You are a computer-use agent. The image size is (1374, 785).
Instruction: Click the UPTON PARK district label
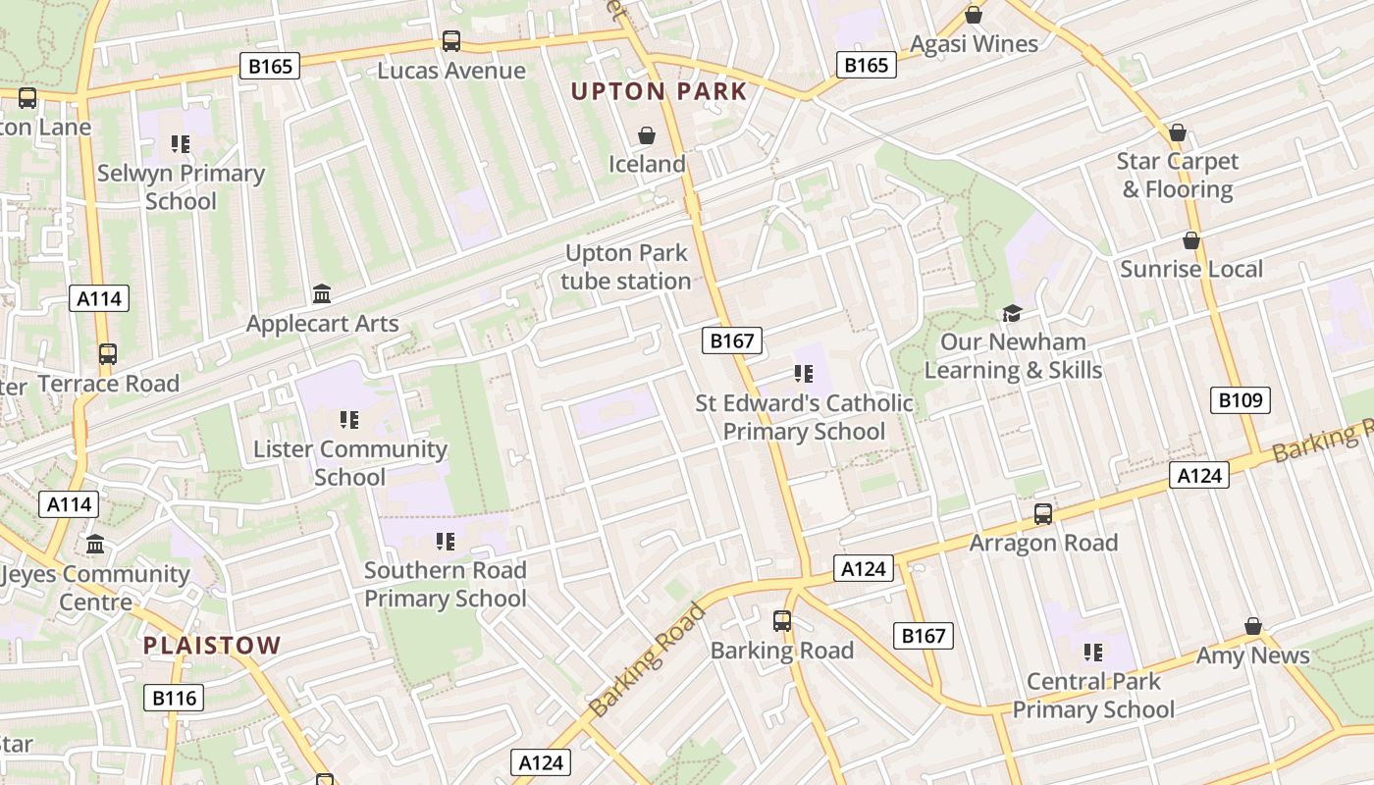tap(659, 92)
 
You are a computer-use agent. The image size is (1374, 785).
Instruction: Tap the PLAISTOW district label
tap(212, 646)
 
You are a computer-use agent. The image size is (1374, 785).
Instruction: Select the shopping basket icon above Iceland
tap(647, 134)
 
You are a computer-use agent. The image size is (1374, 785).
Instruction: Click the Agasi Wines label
tap(974, 44)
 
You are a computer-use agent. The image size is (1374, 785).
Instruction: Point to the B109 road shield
tap(1241, 400)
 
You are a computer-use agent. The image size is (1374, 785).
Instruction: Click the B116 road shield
tap(175, 699)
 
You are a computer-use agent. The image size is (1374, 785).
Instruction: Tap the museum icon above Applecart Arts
tap(321, 293)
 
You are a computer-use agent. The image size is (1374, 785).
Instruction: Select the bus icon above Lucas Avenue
tap(451, 41)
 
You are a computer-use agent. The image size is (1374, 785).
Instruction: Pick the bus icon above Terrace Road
tap(107, 354)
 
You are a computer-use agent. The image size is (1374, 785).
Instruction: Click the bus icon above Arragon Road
tap(1043, 513)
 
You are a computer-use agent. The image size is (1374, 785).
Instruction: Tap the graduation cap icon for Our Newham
tap(1011, 313)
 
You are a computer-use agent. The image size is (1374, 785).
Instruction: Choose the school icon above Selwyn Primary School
tap(180, 144)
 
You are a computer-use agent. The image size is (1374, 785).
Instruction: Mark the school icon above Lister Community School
tap(348, 420)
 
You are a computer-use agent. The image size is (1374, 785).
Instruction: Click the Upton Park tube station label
tap(626, 267)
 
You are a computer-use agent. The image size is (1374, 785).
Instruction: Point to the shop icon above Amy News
tap(1252, 626)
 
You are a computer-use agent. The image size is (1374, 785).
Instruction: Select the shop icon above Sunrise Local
tap(1191, 240)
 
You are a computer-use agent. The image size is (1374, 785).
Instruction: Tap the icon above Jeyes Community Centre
tap(95, 544)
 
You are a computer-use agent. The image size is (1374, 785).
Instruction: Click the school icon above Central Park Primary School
tap(1093, 652)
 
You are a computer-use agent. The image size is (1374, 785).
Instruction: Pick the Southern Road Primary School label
tap(446, 584)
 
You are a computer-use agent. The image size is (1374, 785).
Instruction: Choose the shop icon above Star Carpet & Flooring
tap(1178, 132)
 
